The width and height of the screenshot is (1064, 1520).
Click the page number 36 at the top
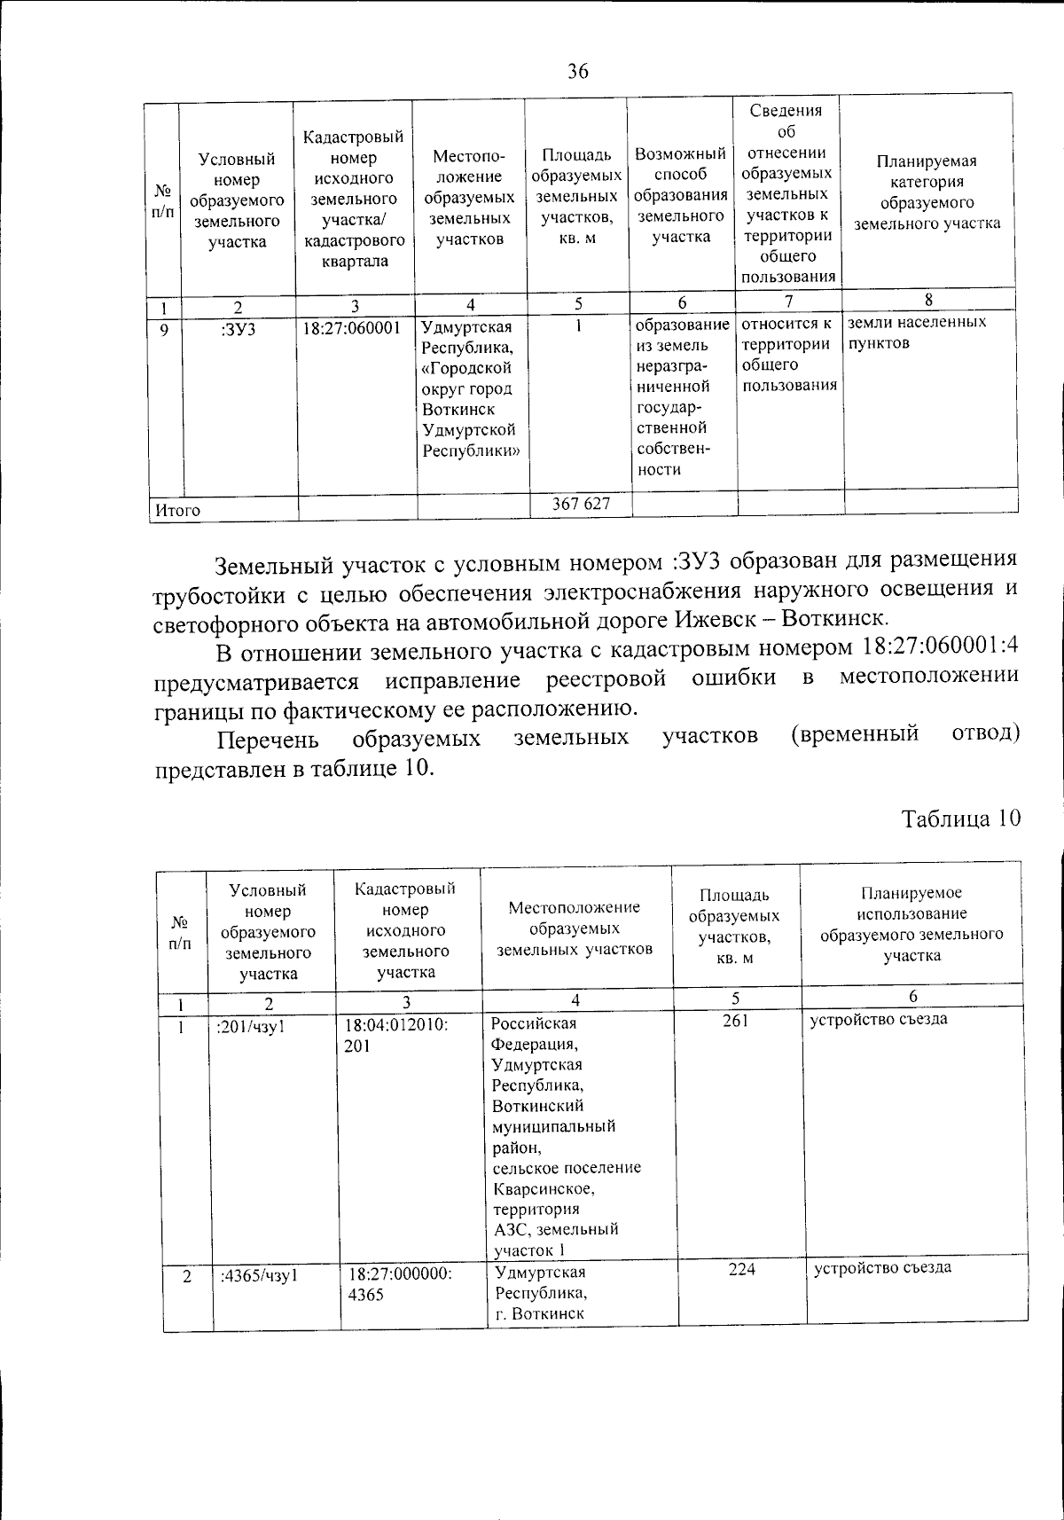(577, 72)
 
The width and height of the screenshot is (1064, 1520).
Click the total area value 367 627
(581, 504)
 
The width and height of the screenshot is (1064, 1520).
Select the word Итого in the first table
(178, 510)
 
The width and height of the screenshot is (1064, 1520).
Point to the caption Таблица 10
(961, 817)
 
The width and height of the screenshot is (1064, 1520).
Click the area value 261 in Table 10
(736, 1021)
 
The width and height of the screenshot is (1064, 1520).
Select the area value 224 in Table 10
(741, 1269)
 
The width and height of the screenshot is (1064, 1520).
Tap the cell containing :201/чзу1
(250, 1026)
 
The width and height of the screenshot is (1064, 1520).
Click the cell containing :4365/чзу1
(257, 1276)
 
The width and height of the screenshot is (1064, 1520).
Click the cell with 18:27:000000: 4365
(400, 1283)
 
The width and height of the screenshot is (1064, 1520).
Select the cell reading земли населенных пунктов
(916, 333)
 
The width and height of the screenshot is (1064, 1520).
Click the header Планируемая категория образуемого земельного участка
(927, 192)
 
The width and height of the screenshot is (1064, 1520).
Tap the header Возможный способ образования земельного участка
(681, 195)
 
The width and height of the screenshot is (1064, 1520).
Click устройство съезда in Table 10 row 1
(879, 1019)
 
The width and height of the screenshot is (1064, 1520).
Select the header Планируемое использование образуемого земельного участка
(911, 924)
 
